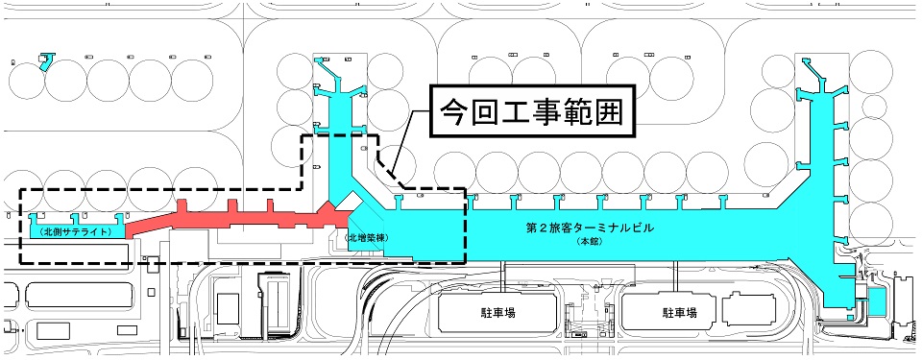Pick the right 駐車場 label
coord(678,313)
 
